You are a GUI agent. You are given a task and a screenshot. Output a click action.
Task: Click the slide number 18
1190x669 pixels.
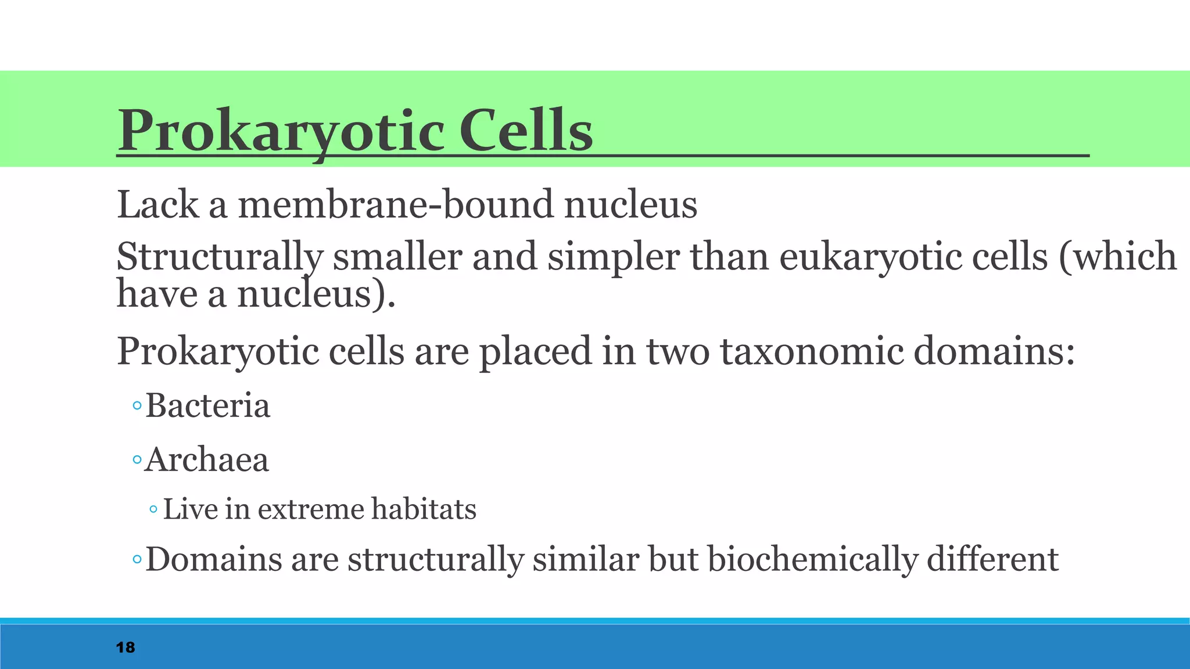[x=126, y=648]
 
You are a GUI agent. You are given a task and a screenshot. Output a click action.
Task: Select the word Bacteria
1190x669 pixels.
[x=207, y=405]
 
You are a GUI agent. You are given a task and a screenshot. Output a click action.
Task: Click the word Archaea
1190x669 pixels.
[x=207, y=460]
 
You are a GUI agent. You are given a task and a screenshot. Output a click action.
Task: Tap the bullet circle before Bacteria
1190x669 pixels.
[x=137, y=406]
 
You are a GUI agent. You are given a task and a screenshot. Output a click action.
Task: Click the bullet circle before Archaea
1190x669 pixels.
[x=137, y=461]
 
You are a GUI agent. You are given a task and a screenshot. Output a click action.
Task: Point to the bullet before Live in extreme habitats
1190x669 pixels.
[x=153, y=510]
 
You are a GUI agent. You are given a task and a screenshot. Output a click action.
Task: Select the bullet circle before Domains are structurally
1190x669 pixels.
[x=137, y=560]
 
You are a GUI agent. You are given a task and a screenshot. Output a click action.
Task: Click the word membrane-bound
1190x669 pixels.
[x=396, y=205]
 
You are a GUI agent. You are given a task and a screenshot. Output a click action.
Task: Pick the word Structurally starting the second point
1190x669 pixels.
[x=220, y=257]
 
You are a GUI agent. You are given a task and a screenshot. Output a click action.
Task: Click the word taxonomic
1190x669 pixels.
[x=812, y=351]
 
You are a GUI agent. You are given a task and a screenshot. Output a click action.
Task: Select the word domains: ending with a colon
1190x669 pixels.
[x=994, y=351]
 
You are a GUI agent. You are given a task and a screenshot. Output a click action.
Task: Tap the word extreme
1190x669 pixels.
[x=311, y=509]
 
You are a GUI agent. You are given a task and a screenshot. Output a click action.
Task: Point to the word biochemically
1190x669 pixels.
[x=812, y=559]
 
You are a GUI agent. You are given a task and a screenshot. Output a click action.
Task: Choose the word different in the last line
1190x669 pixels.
[x=992, y=559]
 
